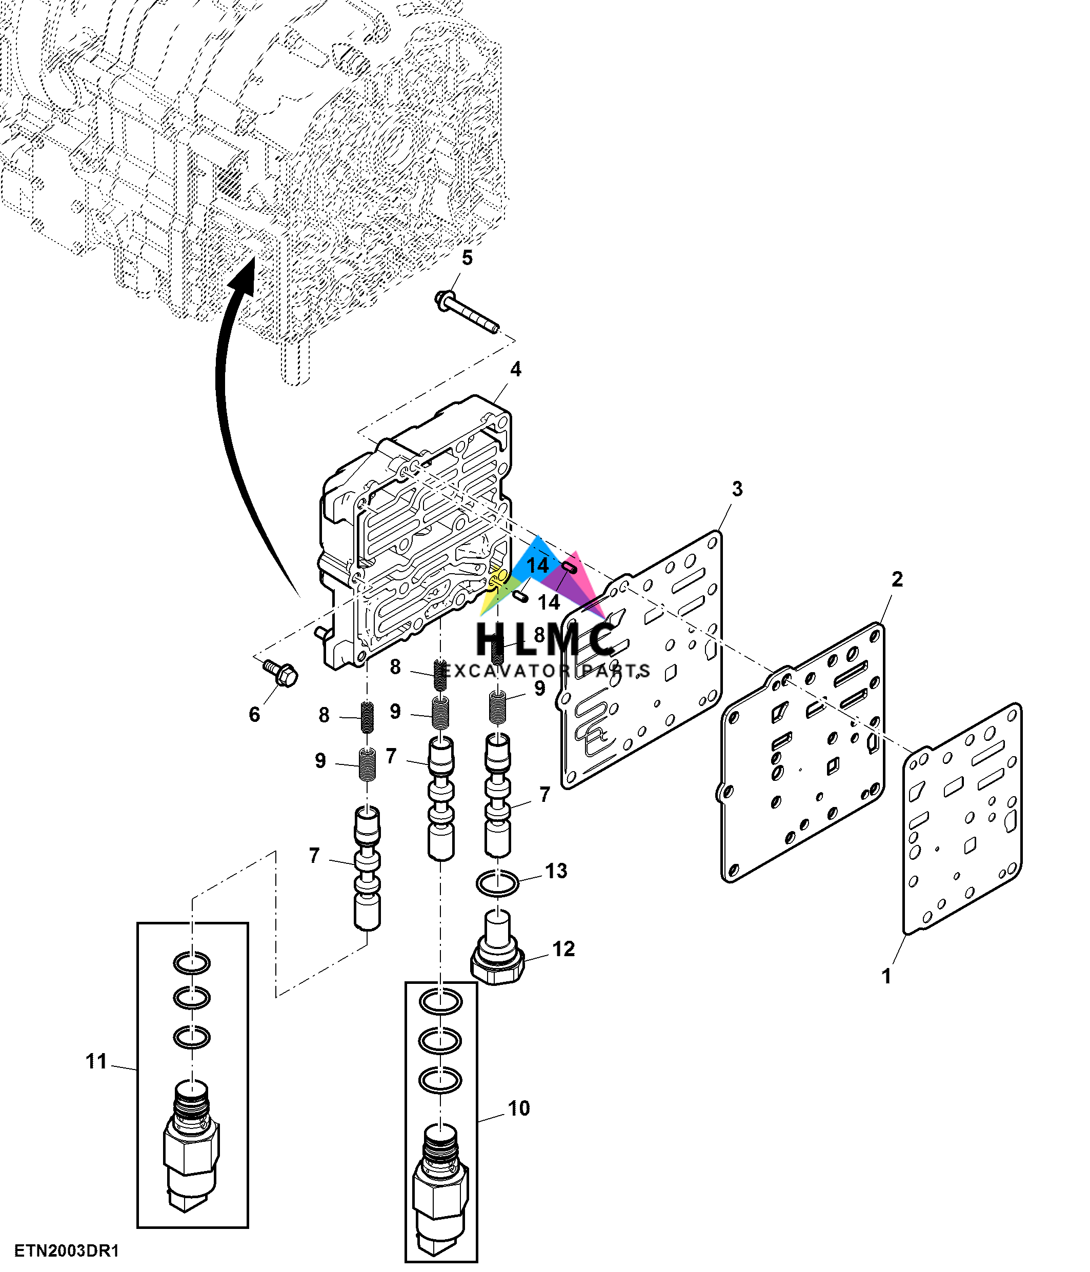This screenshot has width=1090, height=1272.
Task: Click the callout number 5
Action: (467, 258)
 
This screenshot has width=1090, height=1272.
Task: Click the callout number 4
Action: (516, 369)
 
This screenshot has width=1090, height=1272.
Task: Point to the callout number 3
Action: (737, 489)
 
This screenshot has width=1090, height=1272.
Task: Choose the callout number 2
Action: (897, 579)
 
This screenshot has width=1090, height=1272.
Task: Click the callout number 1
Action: (885, 976)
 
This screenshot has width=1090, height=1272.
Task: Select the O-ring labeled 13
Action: (497, 883)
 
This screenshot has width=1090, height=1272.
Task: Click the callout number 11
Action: (96, 1061)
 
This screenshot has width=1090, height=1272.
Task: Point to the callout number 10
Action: (519, 1108)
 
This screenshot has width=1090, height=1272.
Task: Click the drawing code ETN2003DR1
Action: (66, 1250)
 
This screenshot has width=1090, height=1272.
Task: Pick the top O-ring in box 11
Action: (191, 963)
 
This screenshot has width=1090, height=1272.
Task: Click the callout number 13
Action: (556, 871)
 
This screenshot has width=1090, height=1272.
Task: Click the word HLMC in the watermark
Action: (545, 638)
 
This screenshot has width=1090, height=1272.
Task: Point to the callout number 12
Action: (563, 949)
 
